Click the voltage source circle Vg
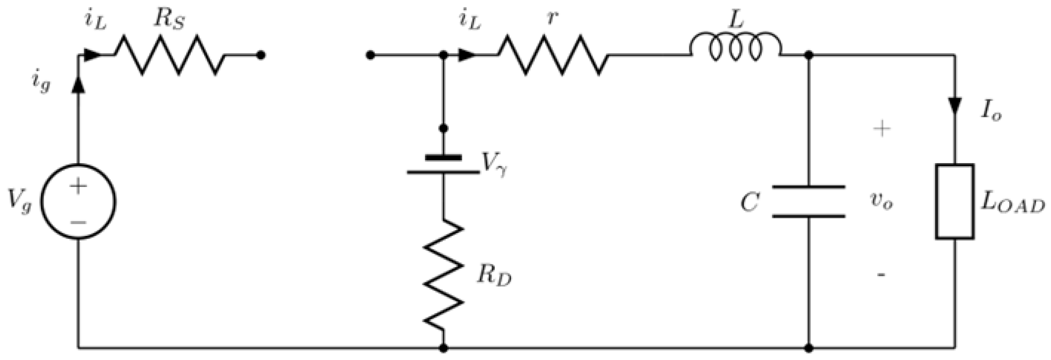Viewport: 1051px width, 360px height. [78, 201]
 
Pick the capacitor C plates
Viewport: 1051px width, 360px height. [809, 201]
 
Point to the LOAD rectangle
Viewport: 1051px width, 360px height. [955, 201]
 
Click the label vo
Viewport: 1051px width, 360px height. [881, 201]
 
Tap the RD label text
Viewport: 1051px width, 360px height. [494, 278]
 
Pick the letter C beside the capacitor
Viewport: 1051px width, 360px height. [750, 202]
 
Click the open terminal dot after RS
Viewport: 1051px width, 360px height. [261, 55]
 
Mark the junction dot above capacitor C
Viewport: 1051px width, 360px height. [809, 55]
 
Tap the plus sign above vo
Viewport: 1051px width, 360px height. [881, 129]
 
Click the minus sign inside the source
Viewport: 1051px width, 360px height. [78, 222]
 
